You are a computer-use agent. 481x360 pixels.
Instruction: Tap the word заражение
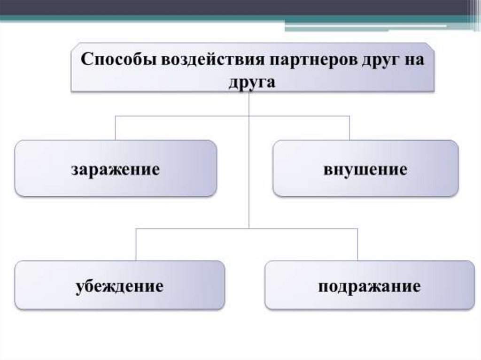[115, 169]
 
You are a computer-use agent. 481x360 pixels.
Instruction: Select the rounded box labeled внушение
[365, 168]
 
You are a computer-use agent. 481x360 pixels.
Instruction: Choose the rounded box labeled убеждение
[119, 285]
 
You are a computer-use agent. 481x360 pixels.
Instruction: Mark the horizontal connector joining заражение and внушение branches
[188, 116]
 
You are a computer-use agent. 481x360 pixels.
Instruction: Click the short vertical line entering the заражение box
[116, 128]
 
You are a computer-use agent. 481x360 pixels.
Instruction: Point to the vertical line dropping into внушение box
[350, 128]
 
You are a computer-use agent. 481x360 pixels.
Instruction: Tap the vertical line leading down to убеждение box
[136, 245]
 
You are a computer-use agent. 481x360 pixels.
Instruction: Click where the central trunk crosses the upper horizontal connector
[249, 116]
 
